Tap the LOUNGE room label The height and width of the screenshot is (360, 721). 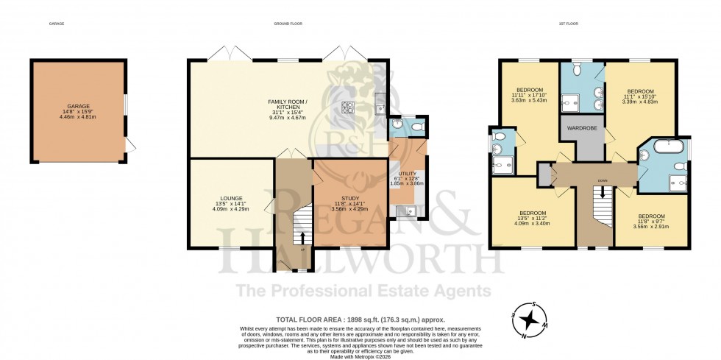click(x=227, y=197)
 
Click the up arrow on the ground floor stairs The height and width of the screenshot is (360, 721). click(x=301, y=237)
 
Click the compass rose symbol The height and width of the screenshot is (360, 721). click(x=528, y=319)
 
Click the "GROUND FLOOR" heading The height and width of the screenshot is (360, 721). click(x=288, y=24)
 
